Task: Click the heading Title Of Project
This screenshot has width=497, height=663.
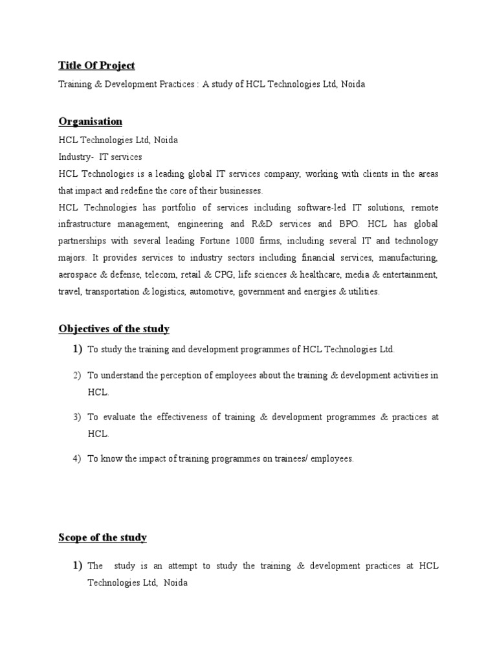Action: (96, 65)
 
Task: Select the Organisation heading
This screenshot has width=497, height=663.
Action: (90, 121)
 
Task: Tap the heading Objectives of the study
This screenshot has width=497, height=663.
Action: (114, 328)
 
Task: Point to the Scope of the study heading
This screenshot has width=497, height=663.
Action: (102, 537)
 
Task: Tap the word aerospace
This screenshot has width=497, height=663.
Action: (80, 275)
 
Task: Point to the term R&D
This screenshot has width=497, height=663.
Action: (243, 224)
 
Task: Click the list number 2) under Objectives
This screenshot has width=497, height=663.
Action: (77, 375)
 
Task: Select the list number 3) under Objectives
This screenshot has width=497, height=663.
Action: (77, 417)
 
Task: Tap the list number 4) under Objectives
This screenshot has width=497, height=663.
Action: (77, 458)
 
